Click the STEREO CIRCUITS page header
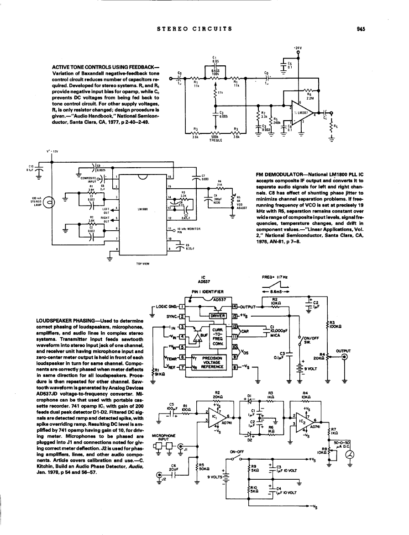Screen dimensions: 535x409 (194, 28)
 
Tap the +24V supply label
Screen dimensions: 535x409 (298, 48)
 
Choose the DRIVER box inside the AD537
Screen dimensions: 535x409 (217, 316)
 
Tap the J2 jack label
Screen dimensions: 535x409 (163, 480)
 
